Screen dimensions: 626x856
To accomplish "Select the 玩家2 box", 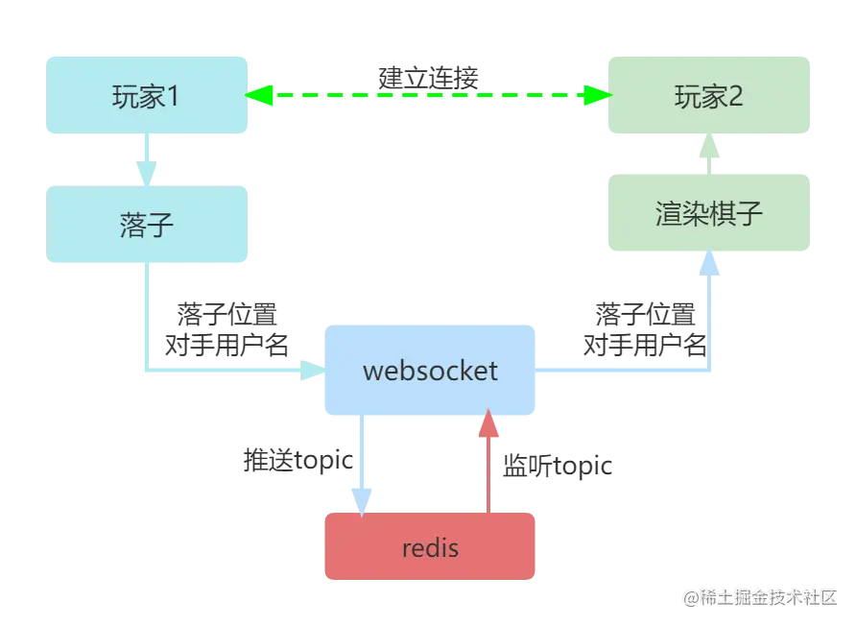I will coord(709,96).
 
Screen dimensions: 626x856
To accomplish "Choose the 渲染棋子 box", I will coord(709,212).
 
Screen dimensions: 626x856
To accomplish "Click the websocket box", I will coord(429,371).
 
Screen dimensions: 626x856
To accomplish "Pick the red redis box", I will coord(429,548).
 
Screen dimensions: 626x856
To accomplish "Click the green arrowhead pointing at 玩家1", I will coord(260,95).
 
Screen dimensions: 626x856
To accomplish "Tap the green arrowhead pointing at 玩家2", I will coord(597,95).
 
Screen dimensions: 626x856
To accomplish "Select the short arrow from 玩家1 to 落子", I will coord(147,159).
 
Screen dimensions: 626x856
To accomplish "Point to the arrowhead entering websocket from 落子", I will coord(310,369).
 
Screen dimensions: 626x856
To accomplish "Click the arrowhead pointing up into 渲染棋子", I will coord(709,262).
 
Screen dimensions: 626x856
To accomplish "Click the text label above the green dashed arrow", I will coord(429,74).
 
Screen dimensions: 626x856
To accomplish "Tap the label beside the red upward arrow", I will coord(557,467).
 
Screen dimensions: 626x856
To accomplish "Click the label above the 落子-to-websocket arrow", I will coord(226,326).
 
